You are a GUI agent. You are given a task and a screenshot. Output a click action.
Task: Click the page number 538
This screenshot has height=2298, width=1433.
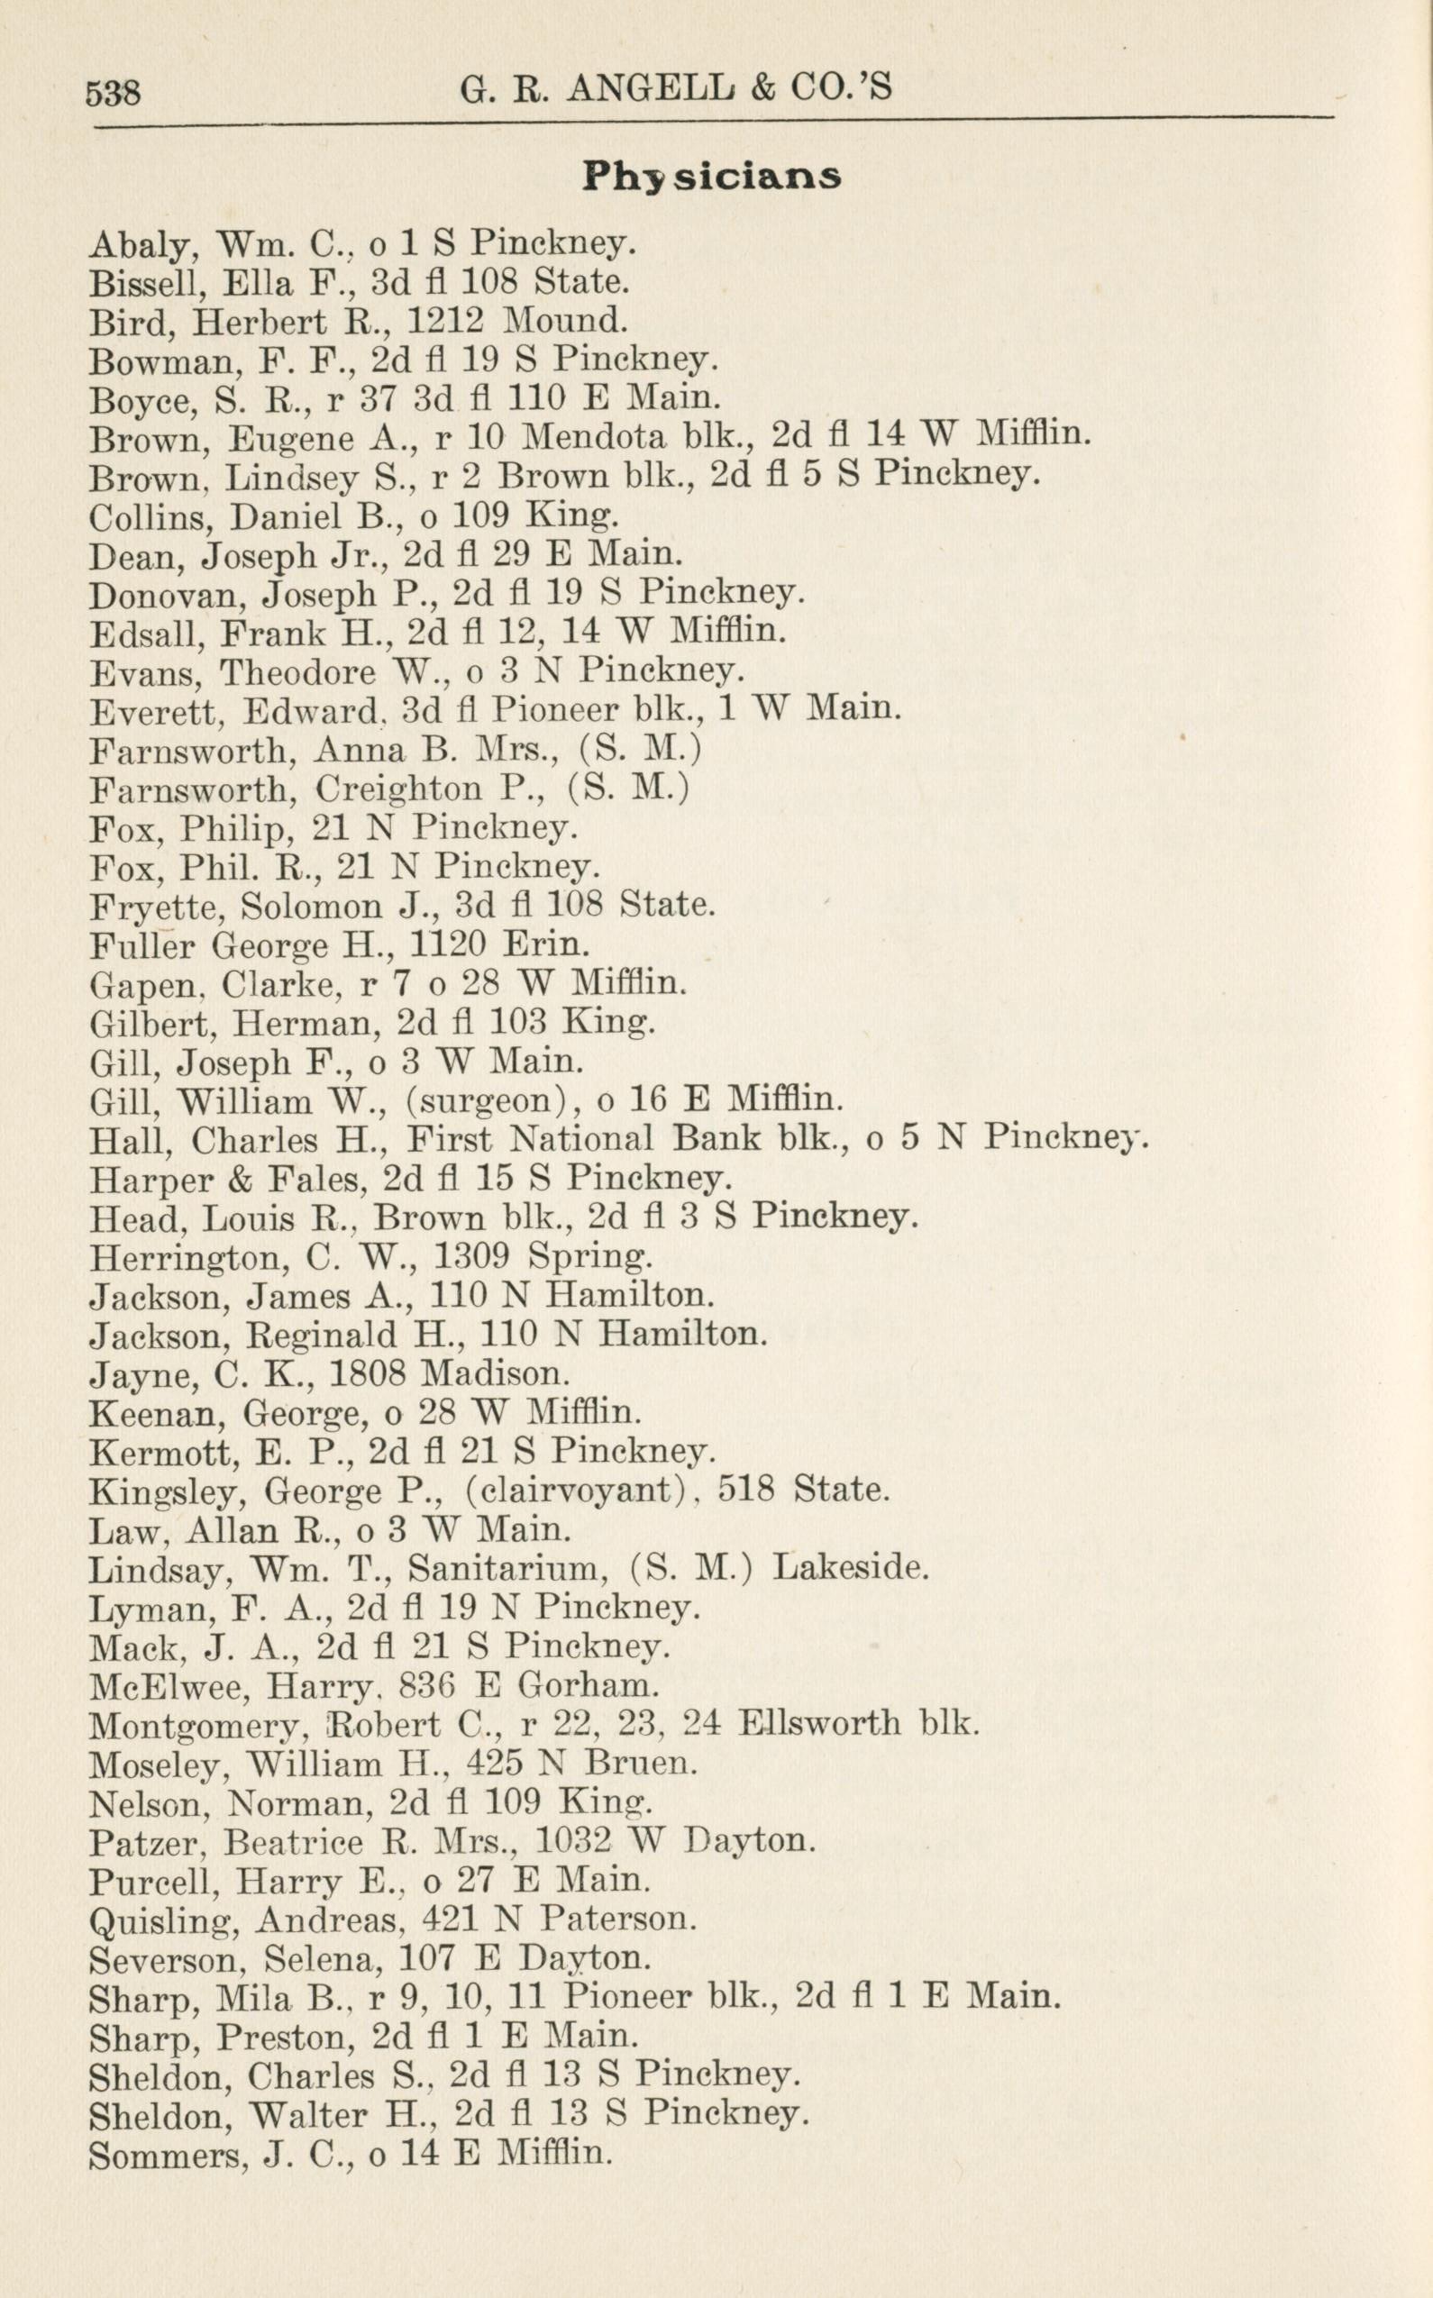coord(113,93)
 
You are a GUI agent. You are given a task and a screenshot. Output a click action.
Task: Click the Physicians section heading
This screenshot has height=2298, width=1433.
coord(712,177)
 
